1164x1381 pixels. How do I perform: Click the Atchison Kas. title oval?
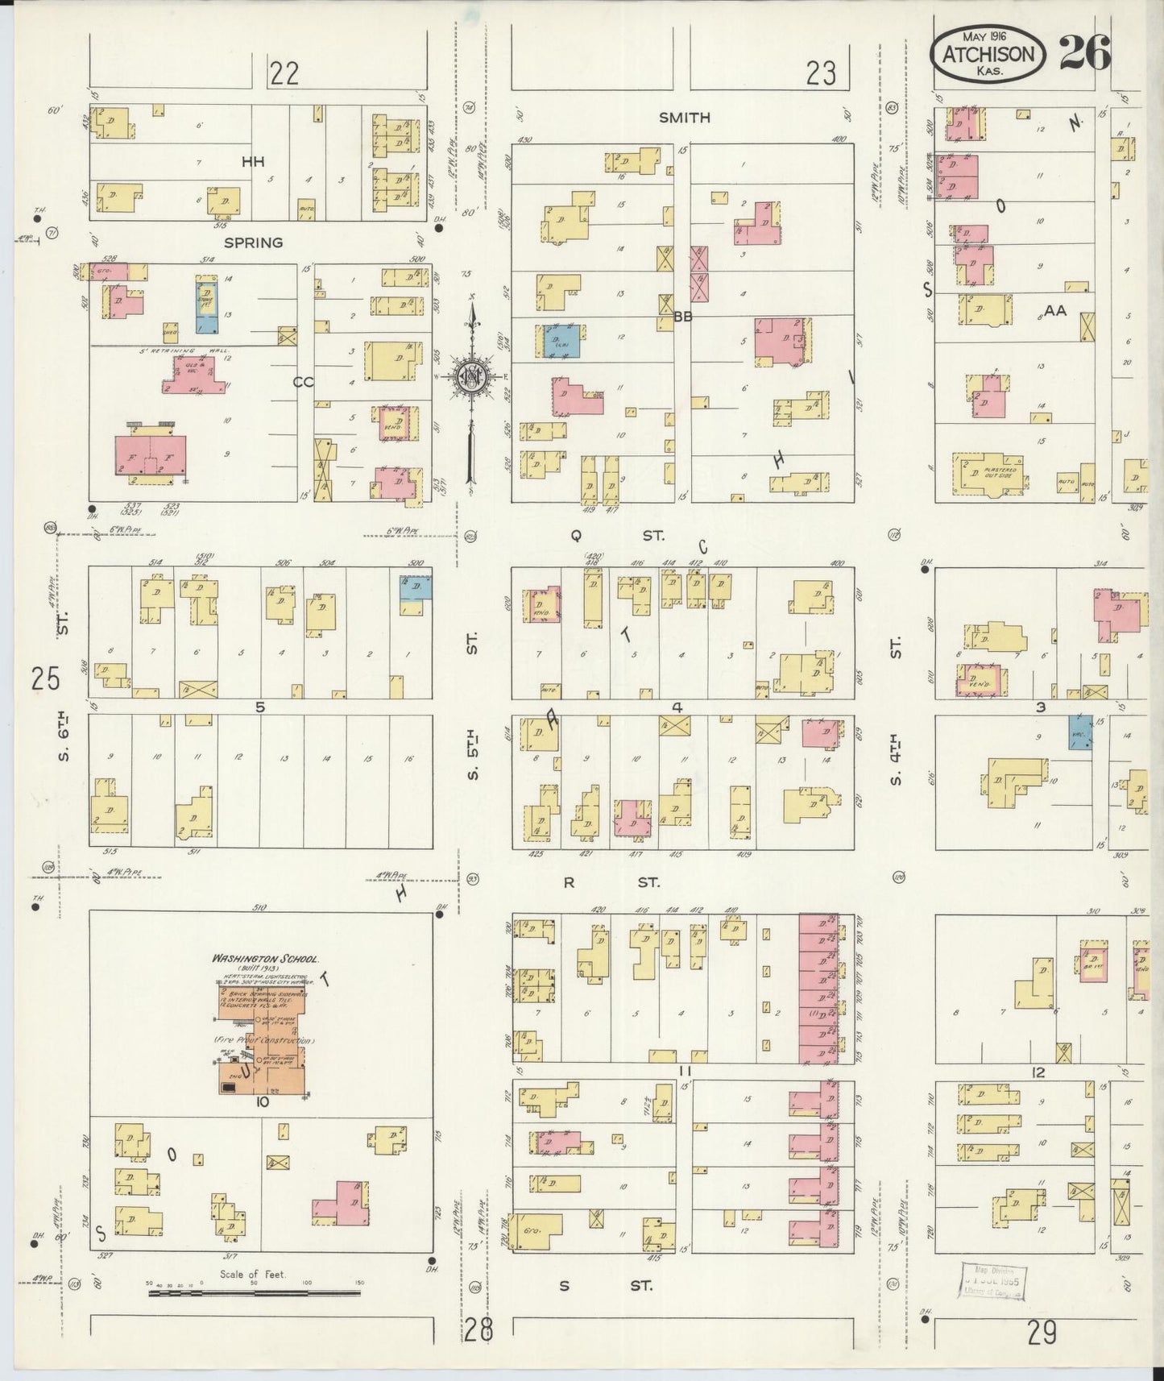point(988,54)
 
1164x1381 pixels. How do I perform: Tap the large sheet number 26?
point(1084,53)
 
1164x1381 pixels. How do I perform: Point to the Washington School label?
point(265,960)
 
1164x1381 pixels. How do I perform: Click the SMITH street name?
point(684,118)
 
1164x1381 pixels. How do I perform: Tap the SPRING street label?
point(254,243)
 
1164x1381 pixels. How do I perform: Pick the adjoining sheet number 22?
point(284,75)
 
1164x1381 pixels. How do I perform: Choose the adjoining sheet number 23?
point(821,75)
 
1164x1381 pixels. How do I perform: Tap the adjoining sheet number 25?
point(46,680)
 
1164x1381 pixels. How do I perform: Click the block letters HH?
point(254,162)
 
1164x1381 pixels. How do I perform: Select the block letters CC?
point(303,383)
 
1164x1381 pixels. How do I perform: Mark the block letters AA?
point(1055,310)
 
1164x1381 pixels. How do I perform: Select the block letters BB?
point(683,317)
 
